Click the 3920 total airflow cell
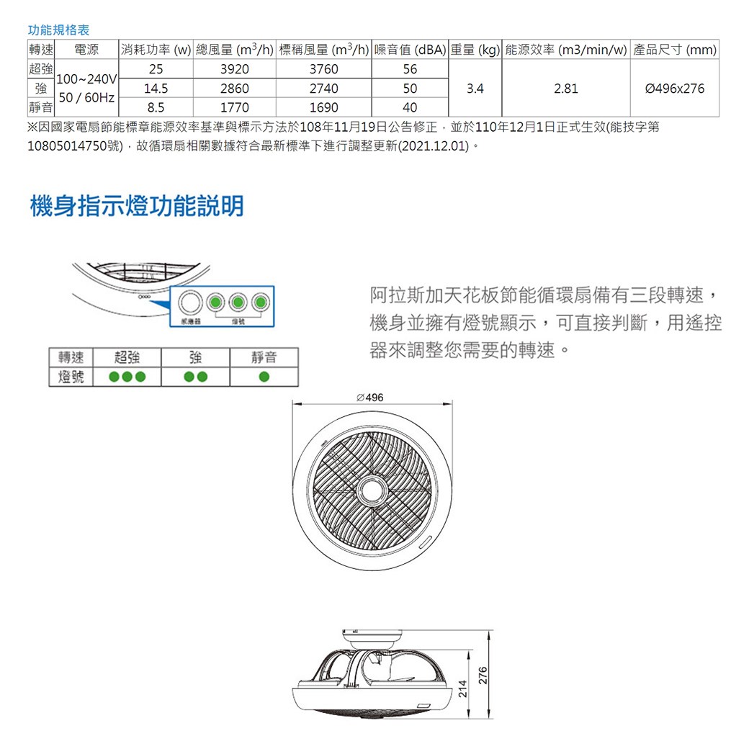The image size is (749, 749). point(235,70)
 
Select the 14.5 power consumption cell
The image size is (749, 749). point(156,89)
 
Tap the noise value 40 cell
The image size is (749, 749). point(410,108)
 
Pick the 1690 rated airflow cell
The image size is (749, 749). point(323,108)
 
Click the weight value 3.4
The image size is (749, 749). point(475,89)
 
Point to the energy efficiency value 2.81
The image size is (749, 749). point(565,89)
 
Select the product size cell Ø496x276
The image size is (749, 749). point(674,89)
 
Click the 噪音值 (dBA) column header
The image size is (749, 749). point(410,50)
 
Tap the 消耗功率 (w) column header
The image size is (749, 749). point(156,50)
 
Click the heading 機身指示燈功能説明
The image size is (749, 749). point(137,207)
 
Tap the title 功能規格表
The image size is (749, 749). point(58,30)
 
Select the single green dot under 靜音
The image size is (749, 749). point(264,377)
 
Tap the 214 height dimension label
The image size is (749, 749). point(463,688)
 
